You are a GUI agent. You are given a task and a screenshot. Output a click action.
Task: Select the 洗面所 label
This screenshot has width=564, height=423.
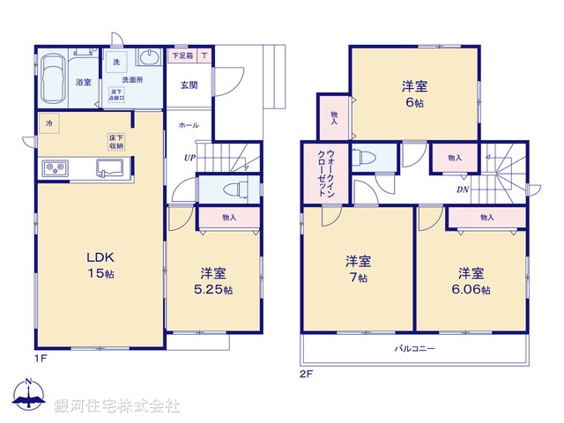(x=133, y=79)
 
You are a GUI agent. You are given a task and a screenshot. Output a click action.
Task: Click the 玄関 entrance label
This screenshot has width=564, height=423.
(x=189, y=85)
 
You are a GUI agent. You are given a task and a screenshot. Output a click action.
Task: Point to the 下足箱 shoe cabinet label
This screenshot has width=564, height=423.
(x=182, y=56)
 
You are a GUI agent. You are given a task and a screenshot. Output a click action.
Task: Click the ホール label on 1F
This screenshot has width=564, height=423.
(x=188, y=126)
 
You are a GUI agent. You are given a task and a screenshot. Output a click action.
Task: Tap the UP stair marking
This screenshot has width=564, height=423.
(x=189, y=158)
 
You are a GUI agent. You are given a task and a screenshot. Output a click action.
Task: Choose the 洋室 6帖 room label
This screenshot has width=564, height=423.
(x=415, y=93)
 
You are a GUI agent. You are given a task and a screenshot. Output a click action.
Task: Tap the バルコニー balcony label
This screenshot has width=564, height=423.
(x=414, y=349)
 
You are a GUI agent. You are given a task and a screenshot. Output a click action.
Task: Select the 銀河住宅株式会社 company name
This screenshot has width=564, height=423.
(x=117, y=405)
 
